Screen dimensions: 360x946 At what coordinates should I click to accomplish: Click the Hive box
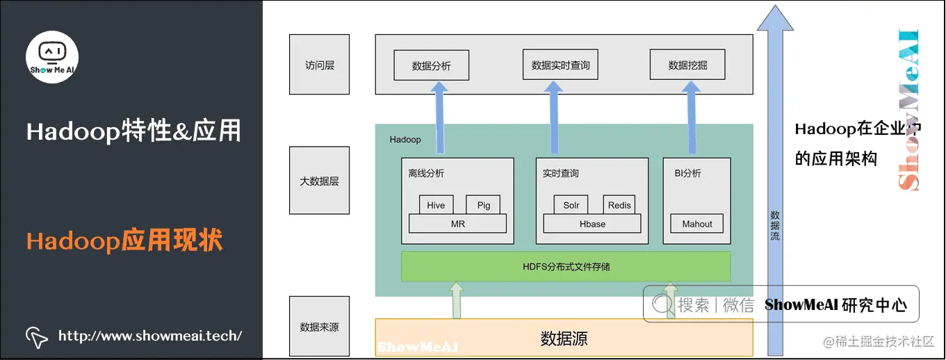tap(436, 205)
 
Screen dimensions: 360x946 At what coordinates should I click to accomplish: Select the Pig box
tap(483, 205)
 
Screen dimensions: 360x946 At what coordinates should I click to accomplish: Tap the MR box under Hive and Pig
tap(457, 224)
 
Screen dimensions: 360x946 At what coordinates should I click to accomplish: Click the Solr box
tap(571, 205)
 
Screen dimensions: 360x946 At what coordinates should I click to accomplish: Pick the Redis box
tap(619, 205)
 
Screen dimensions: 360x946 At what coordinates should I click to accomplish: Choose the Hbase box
tap(592, 224)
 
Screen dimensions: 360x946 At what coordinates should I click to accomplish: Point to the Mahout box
tap(696, 224)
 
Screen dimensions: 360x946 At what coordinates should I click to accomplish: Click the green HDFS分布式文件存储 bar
tap(566, 266)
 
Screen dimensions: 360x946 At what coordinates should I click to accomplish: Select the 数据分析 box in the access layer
tap(431, 66)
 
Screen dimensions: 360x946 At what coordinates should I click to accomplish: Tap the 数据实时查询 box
tap(560, 65)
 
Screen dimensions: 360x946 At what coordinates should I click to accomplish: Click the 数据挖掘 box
tap(687, 65)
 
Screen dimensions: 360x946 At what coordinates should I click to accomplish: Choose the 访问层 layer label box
tap(320, 65)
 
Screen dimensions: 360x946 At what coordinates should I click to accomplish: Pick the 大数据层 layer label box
tap(320, 181)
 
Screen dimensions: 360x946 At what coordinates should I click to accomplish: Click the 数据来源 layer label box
tap(320, 326)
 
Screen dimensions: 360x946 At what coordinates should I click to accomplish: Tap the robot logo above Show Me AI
tap(52, 52)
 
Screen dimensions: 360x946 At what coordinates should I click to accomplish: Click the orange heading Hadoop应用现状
tap(124, 240)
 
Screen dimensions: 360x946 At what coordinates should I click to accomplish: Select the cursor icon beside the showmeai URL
tap(37, 336)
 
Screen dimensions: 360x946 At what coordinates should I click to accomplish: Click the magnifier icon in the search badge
tap(662, 304)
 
